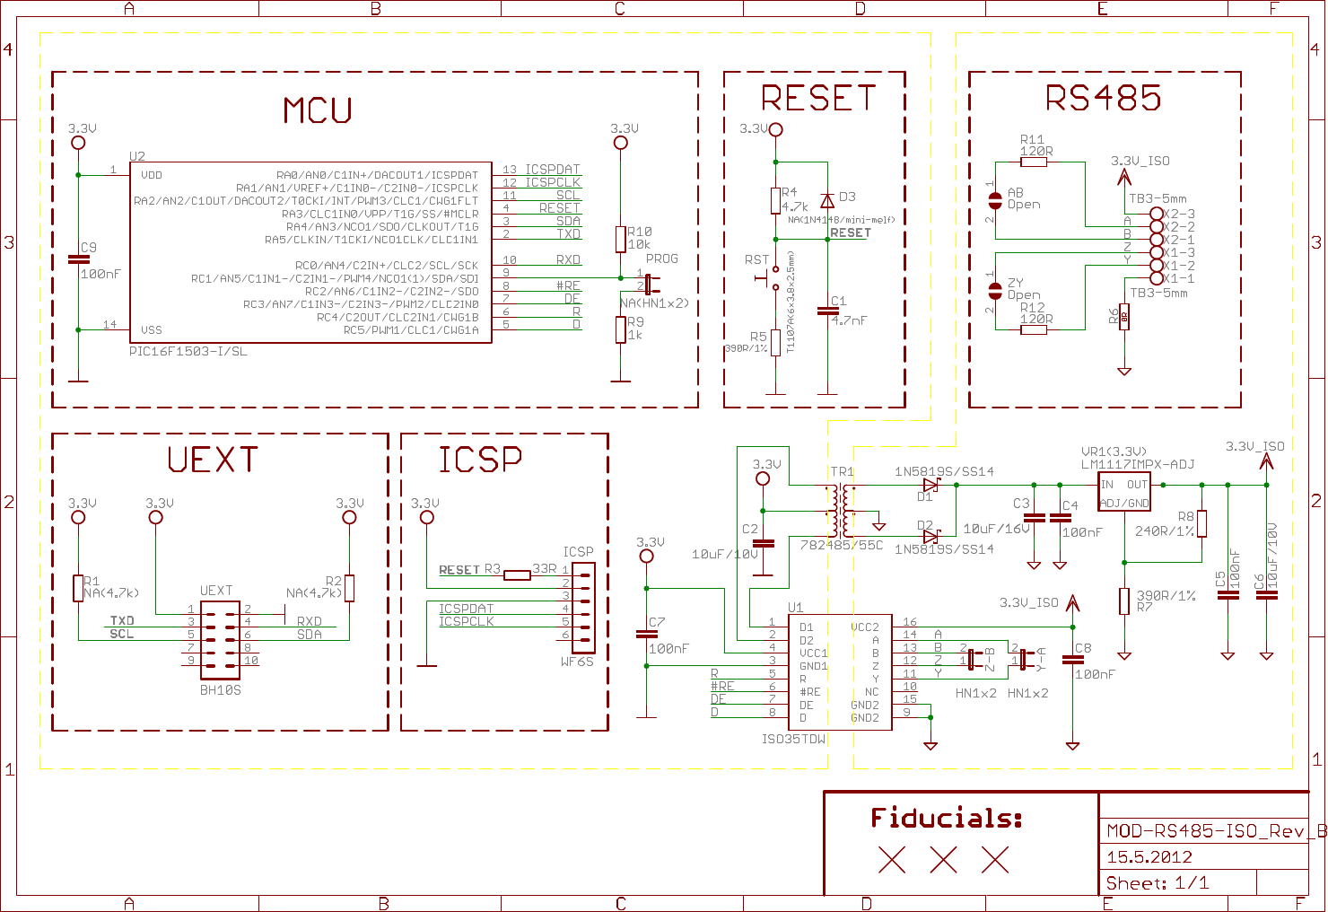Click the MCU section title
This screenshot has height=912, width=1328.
pos(318,110)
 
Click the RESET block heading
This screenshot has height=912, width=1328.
pos(817,98)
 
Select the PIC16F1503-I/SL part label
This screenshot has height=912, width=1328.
pos(188,352)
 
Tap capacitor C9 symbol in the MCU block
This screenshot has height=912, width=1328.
pos(78,259)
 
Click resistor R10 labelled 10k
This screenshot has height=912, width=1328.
pos(620,239)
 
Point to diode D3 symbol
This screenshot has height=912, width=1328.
pos(827,201)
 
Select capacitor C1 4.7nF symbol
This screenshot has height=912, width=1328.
pos(827,311)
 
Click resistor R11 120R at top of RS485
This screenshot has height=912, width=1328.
pos(1034,162)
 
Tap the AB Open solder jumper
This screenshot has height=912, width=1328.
pos(994,200)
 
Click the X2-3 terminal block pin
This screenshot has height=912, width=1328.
pos(1157,215)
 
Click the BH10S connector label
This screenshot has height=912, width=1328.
pos(220,690)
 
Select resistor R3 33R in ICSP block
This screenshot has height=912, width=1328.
pos(517,574)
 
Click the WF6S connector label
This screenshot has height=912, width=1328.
pos(577,662)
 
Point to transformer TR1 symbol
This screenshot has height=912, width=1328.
pos(841,511)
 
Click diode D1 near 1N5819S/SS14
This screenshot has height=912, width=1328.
pos(930,485)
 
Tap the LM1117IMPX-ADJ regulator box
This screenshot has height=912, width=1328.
pos(1124,492)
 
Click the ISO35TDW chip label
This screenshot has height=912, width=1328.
pos(793,740)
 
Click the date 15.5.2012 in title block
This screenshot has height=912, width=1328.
pos(1149,857)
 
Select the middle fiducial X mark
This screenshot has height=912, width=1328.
pos(943,861)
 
